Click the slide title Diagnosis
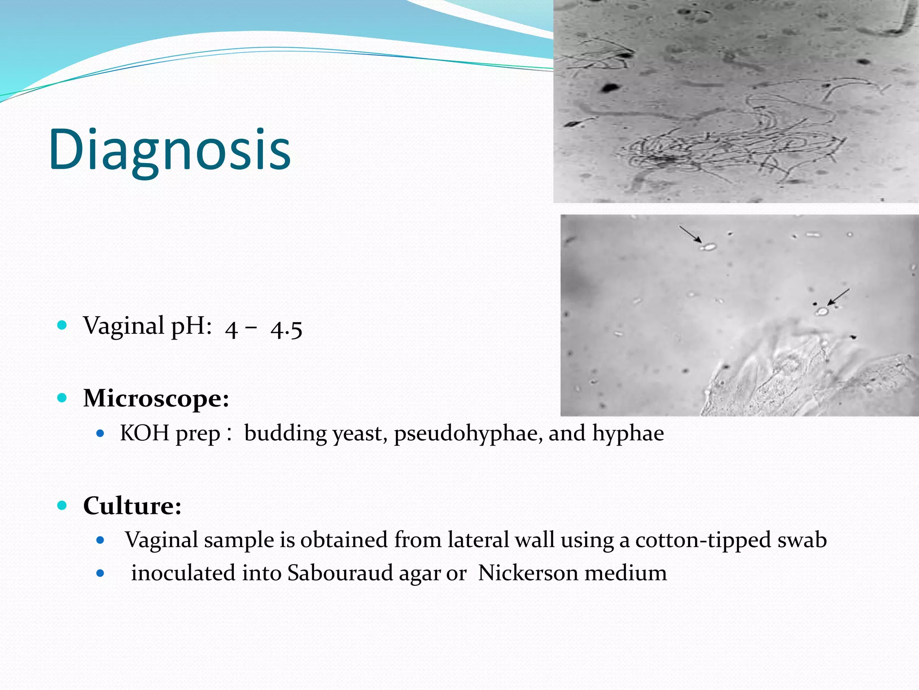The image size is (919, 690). coord(170,150)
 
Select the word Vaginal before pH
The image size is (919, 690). coord(123,326)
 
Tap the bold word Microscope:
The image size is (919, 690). coord(156,398)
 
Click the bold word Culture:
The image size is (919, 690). coord(132,506)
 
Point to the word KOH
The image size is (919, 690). coord(144,433)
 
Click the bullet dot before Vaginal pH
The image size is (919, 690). coord(62,325)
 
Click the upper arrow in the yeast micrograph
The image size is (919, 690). coord(690,234)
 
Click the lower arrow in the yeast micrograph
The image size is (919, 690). coord(839,297)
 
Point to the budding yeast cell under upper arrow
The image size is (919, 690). coord(708,247)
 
